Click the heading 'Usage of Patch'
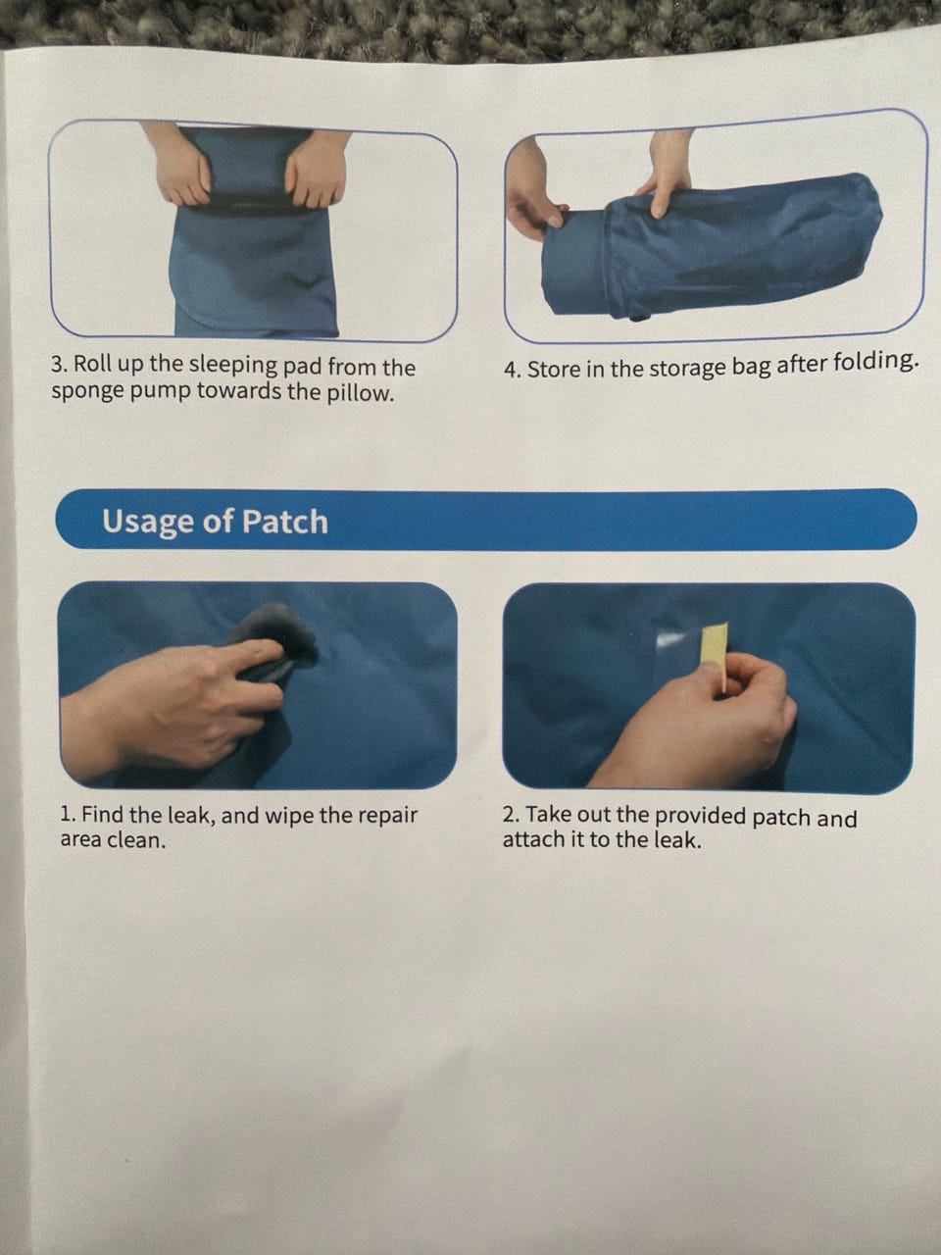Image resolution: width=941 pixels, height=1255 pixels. click(x=215, y=522)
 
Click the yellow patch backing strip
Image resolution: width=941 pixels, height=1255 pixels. click(x=716, y=657)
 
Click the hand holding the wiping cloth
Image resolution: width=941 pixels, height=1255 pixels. click(x=172, y=706)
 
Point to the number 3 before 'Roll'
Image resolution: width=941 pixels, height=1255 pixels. click(x=57, y=365)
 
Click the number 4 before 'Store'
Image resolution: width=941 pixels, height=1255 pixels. click(x=511, y=370)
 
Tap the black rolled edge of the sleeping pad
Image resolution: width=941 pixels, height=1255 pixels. click(x=251, y=205)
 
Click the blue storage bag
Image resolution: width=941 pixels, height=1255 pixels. click(x=737, y=246)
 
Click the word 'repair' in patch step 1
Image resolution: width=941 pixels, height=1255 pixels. click(x=388, y=816)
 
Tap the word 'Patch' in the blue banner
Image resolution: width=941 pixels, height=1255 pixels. click(x=284, y=522)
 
